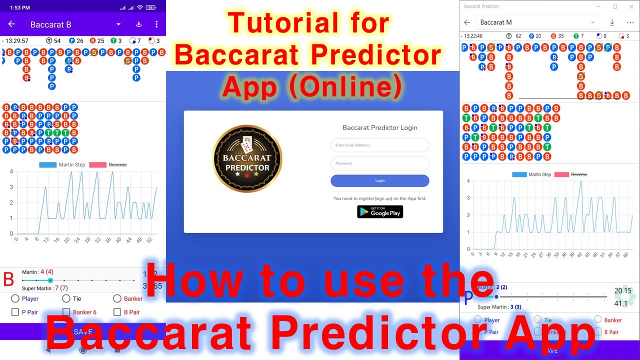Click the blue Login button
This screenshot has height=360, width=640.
pyautogui.click(x=379, y=180)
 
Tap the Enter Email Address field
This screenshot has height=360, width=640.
pyautogui.click(x=379, y=145)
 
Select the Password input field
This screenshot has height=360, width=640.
pyautogui.click(x=379, y=163)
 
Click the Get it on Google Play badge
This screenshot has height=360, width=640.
pyautogui.click(x=380, y=212)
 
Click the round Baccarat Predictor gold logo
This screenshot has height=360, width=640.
pyautogui.click(x=247, y=159)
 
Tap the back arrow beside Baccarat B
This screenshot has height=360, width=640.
pyautogui.click(x=12, y=24)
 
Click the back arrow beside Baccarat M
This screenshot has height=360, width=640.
pyautogui.click(x=467, y=22)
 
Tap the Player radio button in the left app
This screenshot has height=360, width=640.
pyautogui.click(x=15, y=298)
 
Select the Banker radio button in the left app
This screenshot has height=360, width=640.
pyautogui.click(x=117, y=298)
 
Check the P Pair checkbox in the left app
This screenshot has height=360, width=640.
pyautogui.click(x=15, y=312)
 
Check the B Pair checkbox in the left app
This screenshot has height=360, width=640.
pyautogui.click(x=117, y=312)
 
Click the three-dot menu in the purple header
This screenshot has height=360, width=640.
pyautogui.click(x=156, y=24)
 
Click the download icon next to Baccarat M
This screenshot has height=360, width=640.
pyautogui.click(x=612, y=22)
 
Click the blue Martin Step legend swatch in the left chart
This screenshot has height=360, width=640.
pyautogui.click(x=48, y=164)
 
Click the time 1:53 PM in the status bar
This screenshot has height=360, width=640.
pyautogui.click(x=20, y=8)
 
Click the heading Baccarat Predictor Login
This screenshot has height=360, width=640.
pyautogui.click(x=379, y=127)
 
